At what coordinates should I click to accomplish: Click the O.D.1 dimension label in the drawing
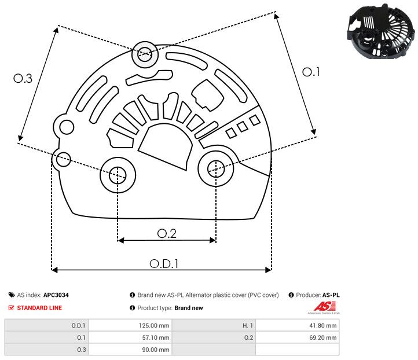[x=163, y=263]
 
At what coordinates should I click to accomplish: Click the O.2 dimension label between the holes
[x=167, y=233]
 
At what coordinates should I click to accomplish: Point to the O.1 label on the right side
[x=311, y=72]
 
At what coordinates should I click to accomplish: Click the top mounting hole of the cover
[x=144, y=56]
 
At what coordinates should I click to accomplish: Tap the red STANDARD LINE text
[x=39, y=308]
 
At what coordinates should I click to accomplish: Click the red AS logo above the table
[x=323, y=306]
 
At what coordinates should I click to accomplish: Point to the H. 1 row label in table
[x=245, y=325]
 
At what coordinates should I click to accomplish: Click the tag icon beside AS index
[x=12, y=295]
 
